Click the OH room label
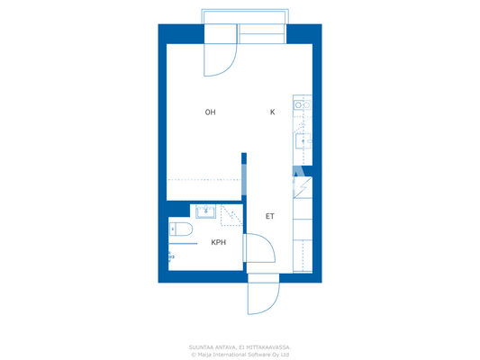(210, 112)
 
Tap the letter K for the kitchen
(272, 112)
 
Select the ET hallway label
(269, 217)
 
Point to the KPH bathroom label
(219, 243)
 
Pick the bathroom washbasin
(206, 211)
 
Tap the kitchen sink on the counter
(303, 139)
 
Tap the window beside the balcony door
(261, 36)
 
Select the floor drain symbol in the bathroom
(171, 257)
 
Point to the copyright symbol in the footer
(193, 354)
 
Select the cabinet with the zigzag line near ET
(303, 186)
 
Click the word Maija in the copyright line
(204, 354)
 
